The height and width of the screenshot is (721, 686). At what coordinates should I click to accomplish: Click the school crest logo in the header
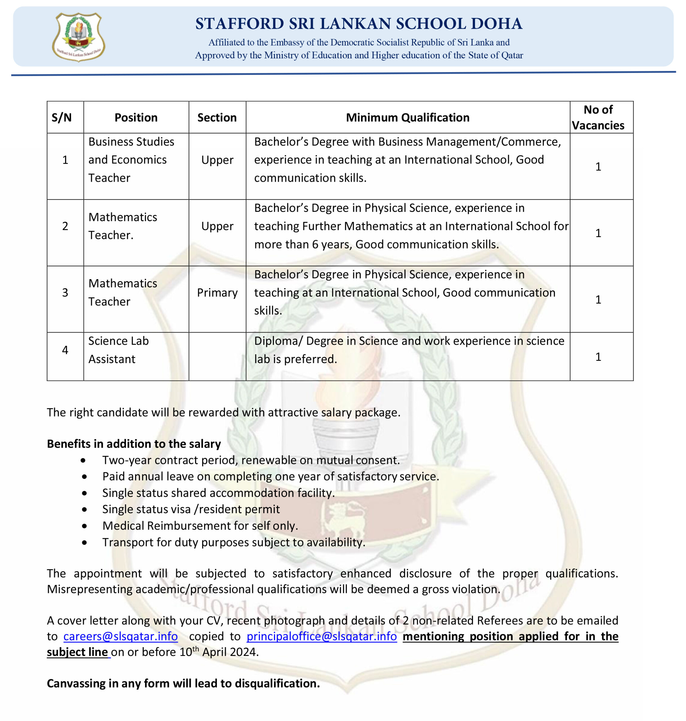pos(79,37)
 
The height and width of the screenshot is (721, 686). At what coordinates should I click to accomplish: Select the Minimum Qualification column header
pos(407,117)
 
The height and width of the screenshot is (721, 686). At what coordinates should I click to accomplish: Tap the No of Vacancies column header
pos(598,117)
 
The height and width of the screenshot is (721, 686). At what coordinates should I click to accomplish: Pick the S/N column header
pos(61,117)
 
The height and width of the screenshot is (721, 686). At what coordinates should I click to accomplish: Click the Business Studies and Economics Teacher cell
pos(131,160)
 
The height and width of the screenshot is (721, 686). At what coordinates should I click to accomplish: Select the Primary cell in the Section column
pos(217,293)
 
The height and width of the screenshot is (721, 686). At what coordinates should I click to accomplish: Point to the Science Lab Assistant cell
pos(119,350)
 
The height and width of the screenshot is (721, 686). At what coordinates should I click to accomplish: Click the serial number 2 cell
pos(65,226)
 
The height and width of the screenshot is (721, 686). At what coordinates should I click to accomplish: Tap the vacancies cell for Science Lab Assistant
pos(598,357)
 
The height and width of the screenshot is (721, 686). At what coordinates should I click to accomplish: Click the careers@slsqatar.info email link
pos(121,637)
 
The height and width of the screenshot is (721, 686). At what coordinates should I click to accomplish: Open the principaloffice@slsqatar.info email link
pos(321,637)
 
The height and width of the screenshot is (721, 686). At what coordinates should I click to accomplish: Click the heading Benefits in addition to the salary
pos(134,444)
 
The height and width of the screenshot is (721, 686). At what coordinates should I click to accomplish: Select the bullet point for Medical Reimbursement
pos(85,526)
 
